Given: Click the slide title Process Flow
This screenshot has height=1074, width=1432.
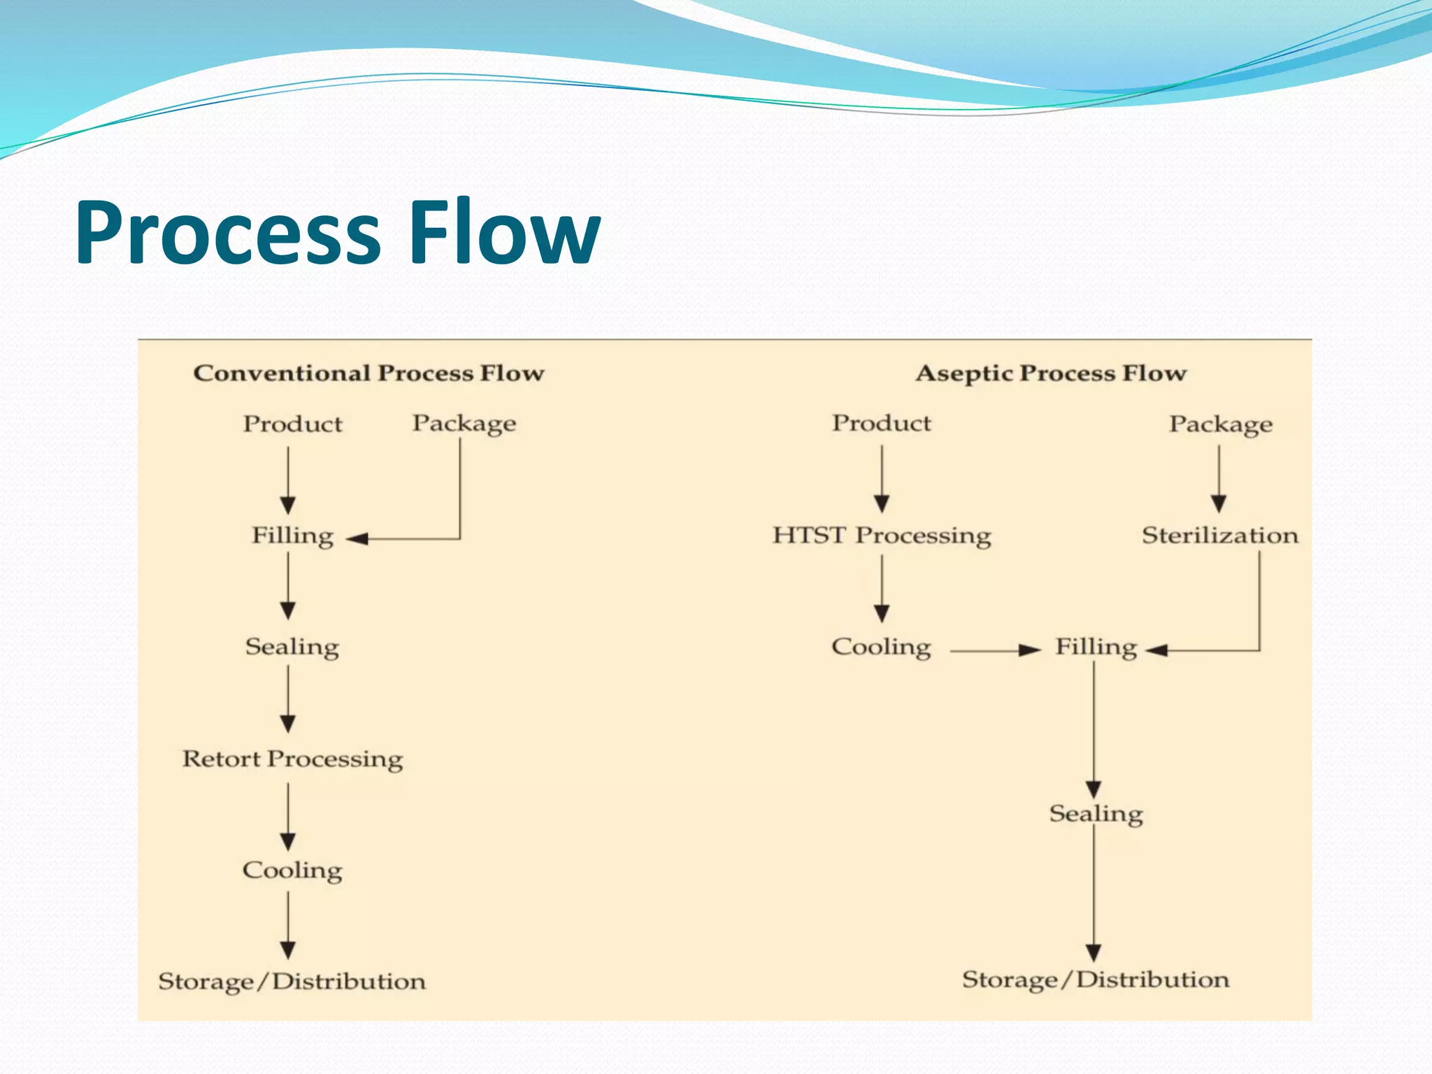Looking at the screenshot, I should tap(338, 233).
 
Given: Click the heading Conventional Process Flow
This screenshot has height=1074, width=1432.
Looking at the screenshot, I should tap(368, 373).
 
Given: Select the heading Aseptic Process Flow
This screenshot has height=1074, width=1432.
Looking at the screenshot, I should tap(1051, 373).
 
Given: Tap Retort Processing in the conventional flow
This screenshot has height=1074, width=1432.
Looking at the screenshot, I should tap(292, 759).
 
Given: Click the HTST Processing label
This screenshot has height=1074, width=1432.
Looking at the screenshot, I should tap(881, 536).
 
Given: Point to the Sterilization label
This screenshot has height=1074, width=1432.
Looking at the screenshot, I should tap(1219, 536).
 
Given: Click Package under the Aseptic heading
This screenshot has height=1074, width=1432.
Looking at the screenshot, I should tap(1220, 424).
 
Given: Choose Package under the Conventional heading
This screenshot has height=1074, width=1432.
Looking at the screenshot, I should tap(464, 424).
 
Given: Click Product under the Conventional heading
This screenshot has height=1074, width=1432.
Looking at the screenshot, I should tap(292, 424).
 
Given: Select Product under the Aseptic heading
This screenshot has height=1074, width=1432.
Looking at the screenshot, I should tap(881, 423).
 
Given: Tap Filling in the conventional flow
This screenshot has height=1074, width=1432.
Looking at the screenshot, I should tap(292, 536).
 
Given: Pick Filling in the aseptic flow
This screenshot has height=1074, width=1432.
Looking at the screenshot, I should tap(1096, 647).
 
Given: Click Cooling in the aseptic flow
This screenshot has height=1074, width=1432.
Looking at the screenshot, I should tap(881, 647).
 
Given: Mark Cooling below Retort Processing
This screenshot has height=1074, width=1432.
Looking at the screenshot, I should tap(292, 871).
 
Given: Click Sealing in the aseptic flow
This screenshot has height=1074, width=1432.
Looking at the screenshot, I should tap(1096, 815).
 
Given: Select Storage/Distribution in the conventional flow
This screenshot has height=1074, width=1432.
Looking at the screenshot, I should tap(292, 982).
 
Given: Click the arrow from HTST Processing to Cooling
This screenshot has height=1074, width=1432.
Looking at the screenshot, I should tap(882, 589).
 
